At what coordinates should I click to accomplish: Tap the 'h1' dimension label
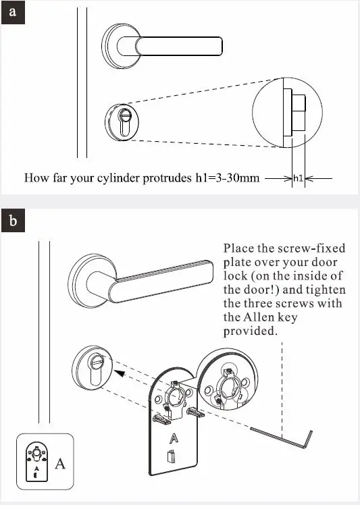(298, 179)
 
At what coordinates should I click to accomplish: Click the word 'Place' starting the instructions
(238, 248)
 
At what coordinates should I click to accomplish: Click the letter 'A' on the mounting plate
(174, 437)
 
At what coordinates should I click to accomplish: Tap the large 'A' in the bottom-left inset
(59, 462)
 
